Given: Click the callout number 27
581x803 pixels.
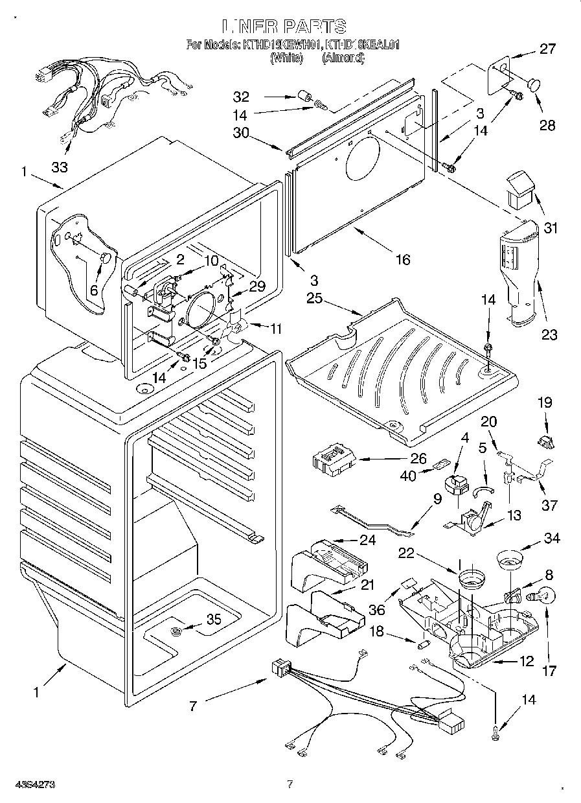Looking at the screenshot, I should (x=547, y=49).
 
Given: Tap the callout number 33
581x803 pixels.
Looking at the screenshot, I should (x=60, y=167).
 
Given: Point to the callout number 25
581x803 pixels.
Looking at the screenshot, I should (x=314, y=299).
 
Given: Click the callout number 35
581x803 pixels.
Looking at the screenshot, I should (x=213, y=620).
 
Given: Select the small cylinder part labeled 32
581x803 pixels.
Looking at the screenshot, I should (x=302, y=99).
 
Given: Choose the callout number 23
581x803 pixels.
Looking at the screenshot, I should (x=549, y=334).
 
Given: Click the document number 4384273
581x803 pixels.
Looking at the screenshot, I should (x=28, y=784).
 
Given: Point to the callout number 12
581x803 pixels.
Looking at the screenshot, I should (x=526, y=661).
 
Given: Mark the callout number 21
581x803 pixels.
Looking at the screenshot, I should (x=367, y=585).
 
